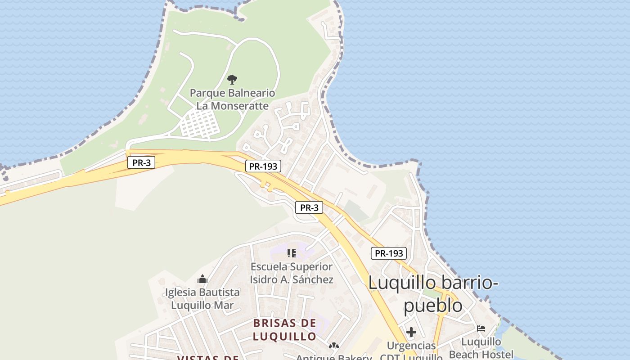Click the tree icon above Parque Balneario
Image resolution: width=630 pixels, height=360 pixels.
[x=232, y=80]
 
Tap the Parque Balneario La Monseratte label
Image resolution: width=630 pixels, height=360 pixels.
[x=232, y=99]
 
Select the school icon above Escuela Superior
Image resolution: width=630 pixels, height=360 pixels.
[x=292, y=253]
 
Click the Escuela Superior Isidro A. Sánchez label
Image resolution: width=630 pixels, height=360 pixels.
[x=292, y=273]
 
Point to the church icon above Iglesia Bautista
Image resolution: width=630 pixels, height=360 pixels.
[x=202, y=279]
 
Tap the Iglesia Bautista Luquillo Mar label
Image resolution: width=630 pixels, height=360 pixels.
[x=202, y=299]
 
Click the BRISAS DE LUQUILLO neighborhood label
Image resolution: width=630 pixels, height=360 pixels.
[x=284, y=329]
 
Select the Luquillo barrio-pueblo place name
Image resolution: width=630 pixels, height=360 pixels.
[x=433, y=294]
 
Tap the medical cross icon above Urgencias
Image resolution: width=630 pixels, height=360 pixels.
[x=411, y=333]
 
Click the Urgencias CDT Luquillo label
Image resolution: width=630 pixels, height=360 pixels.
[x=411, y=351]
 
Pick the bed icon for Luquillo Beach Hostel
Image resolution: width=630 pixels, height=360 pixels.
[x=481, y=328]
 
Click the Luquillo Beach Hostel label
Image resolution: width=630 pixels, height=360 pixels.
[x=481, y=348]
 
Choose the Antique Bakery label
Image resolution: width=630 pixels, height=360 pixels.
[x=334, y=357]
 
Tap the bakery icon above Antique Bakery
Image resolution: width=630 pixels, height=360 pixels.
[x=334, y=346]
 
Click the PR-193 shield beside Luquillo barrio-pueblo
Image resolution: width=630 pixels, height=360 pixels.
[x=389, y=253]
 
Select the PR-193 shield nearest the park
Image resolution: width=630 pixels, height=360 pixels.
[x=263, y=166]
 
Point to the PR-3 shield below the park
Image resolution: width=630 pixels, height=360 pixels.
[x=141, y=163]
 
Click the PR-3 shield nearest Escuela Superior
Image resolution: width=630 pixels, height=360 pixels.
[x=309, y=207]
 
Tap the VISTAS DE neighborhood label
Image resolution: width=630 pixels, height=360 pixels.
[x=207, y=358]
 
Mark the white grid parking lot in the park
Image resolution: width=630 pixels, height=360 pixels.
[x=200, y=123]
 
